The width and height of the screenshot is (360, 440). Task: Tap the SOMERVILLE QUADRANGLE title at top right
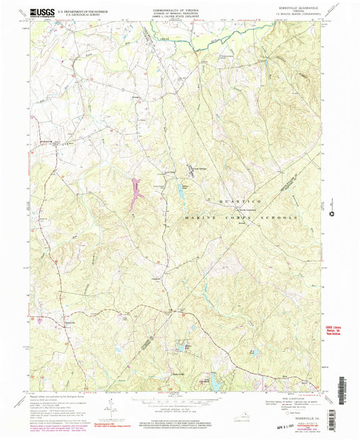[299, 9]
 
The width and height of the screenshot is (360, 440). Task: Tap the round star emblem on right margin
[332, 214]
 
